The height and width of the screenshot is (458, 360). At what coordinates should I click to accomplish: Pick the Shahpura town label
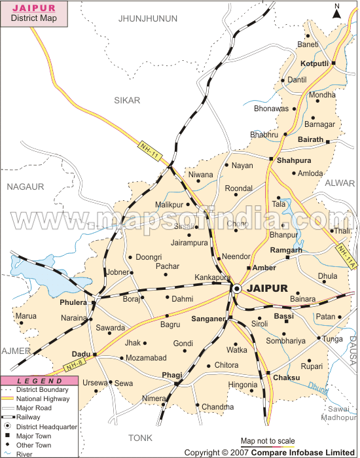[x=294, y=160]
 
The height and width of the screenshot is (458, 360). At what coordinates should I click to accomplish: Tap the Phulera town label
[x=73, y=303]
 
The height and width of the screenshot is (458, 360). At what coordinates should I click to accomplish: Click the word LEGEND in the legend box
[x=39, y=381]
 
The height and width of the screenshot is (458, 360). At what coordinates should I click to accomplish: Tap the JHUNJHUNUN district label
[x=149, y=18]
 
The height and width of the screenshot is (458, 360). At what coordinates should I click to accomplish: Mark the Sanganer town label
[x=208, y=319]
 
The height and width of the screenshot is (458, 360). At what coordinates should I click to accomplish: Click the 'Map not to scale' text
[x=268, y=441]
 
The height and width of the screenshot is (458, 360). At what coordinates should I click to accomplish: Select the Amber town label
[x=264, y=268]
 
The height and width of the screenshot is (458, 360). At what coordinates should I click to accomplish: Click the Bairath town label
[x=310, y=139]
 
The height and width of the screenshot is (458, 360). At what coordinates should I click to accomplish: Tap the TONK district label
[x=140, y=438]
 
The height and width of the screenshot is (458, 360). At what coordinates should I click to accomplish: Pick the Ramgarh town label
[x=287, y=250]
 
